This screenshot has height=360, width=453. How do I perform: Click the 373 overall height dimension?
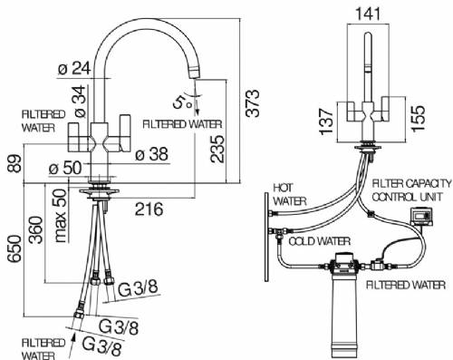point(252,102)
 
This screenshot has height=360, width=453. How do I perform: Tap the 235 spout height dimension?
point(217,150)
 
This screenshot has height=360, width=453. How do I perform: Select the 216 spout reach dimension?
point(149,209)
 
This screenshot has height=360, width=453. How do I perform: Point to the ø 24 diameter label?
point(74,68)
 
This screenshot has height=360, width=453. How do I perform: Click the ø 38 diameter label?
point(151,154)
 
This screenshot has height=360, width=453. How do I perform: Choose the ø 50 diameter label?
point(65,168)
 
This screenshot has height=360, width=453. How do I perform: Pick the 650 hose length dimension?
point(14,250)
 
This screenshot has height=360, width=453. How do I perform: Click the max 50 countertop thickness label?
point(61,216)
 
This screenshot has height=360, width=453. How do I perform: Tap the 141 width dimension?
point(368,14)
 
